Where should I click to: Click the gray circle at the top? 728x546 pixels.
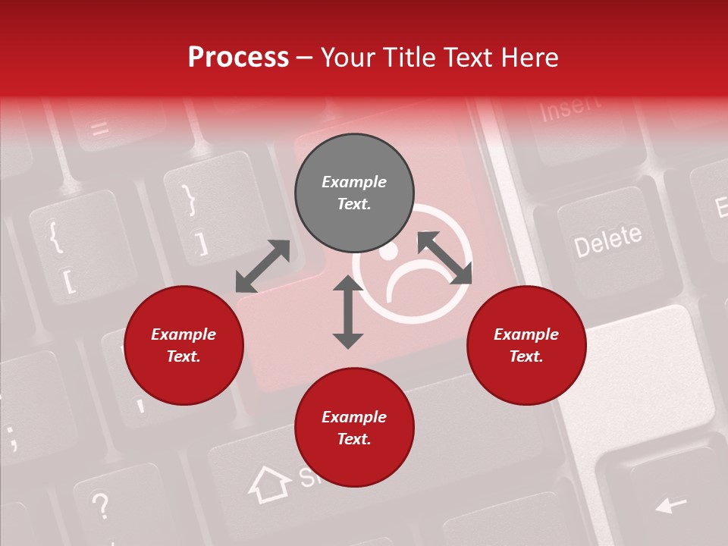tap(354, 193)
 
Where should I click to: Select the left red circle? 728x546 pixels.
tap(184, 346)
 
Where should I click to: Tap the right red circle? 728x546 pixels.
tap(526, 346)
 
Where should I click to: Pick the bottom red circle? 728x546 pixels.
tap(354, 428)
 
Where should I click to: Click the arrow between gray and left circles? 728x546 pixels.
tap(262, 265)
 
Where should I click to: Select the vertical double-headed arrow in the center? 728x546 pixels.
tap(348, 312)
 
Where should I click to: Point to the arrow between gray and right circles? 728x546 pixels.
tap(444, 258)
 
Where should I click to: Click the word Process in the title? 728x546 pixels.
tap(238, 57)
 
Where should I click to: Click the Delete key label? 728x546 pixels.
tap(607, 240)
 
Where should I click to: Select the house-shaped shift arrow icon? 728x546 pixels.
tap(270, 483)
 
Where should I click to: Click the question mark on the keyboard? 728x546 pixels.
tap(99, 504)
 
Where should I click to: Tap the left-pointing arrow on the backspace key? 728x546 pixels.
tap(670, 504)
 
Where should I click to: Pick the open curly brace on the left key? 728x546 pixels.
tap(55, 236)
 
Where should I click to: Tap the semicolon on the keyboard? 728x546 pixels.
tap(12, 438)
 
